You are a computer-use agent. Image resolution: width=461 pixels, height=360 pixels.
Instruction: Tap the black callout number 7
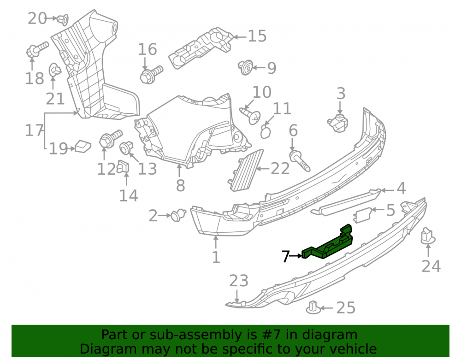[285, 256]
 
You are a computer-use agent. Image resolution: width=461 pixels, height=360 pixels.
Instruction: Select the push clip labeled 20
[63, 19]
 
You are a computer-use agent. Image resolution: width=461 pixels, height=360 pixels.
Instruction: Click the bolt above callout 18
[37, 49]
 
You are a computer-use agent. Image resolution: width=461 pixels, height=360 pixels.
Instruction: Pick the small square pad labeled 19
[83, 146]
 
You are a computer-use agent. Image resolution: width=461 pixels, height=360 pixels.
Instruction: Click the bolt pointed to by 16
[151, 75]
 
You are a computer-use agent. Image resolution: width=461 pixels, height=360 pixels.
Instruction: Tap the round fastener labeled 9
[246, 68]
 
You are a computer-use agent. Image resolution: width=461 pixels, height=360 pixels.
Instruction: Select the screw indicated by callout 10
[250, 116]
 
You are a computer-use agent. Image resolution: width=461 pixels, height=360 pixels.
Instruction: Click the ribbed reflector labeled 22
[245, 171]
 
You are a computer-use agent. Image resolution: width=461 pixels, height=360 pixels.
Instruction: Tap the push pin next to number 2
[178, 215]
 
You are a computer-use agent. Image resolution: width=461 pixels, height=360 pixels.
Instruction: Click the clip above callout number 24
[428, 236]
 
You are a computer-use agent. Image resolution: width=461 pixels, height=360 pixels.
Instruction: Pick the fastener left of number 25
[313, 307]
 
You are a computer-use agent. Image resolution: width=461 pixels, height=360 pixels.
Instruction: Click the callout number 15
[257, 36]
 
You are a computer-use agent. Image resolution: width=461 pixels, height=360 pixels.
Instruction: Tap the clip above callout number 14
[124, 167]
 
